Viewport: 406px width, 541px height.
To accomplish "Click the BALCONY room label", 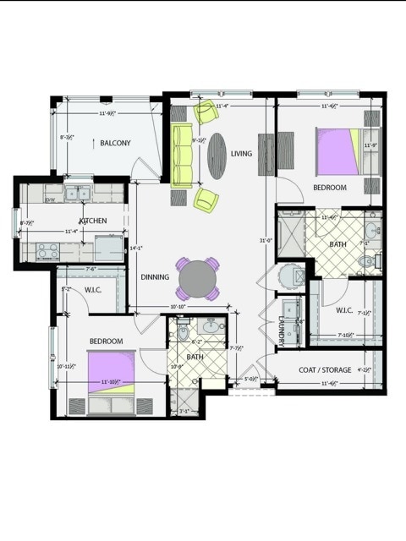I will (115, 144).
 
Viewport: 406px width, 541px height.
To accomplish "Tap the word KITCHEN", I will (93, 221).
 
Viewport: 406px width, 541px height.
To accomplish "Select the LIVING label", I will (242, 153).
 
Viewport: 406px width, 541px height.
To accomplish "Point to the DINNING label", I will (155, 277).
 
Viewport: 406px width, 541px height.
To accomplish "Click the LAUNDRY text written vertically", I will (282, 329).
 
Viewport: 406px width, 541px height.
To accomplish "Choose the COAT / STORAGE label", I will (325, 369).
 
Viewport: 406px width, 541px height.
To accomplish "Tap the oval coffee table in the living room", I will (218, 156).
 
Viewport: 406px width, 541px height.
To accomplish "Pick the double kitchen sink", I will (78, 194).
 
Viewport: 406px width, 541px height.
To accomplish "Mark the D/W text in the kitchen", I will (51, 200).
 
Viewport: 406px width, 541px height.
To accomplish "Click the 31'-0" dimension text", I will (266, 241).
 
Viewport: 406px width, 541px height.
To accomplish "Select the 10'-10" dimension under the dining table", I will (178, 307).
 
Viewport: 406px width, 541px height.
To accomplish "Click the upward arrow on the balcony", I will (93, 144).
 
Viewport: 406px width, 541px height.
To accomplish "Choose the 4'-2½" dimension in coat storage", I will (365, 369).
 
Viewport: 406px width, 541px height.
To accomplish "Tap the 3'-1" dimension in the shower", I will (184, 411).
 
